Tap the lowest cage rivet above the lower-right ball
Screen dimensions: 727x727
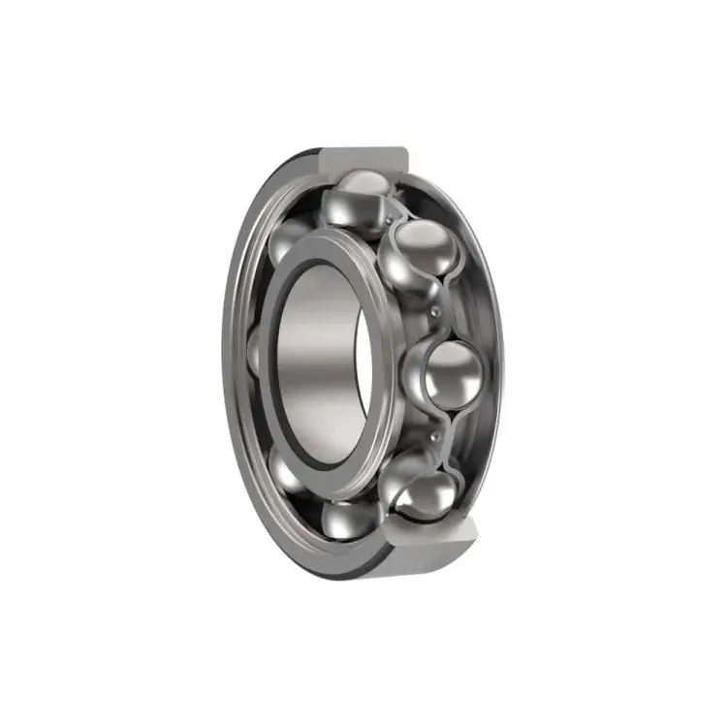click(x=433, y=441)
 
